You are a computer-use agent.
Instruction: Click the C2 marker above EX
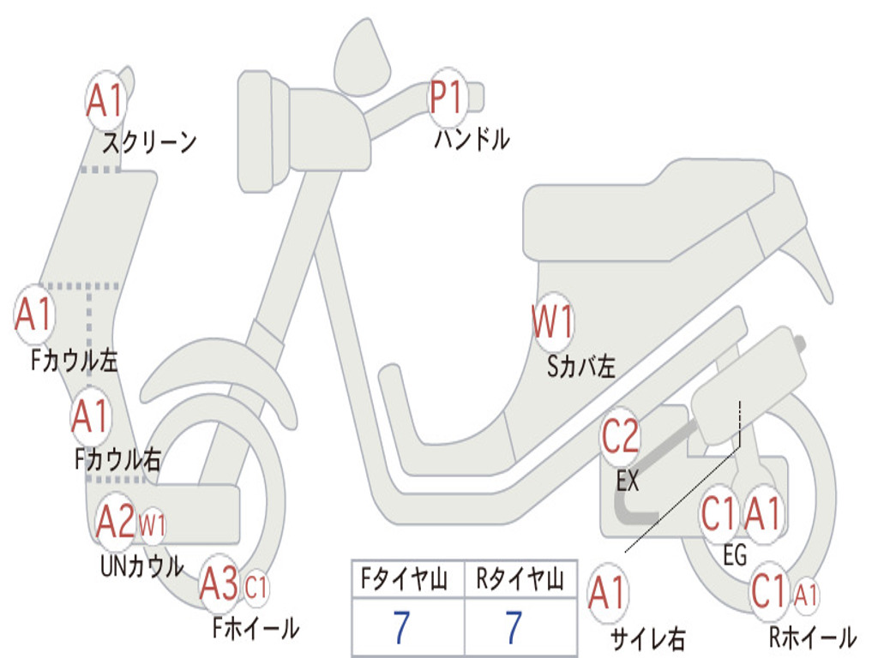coord(620,437)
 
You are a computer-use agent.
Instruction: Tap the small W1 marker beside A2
coord(152,524)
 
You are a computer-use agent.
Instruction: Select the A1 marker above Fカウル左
coord(34,314)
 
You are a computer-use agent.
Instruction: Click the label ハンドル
coord(472,139)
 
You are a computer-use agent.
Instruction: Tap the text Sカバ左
coord(581,367)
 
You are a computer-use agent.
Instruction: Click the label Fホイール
coord(256,628)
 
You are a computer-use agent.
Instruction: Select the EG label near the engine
coord(735,556)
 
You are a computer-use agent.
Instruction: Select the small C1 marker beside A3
coord(256,588)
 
